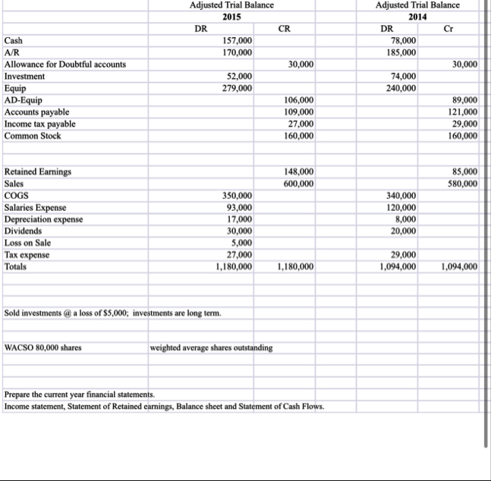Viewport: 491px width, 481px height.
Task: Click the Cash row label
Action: (14, 40)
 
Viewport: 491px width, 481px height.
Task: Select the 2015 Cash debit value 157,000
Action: (237, 40)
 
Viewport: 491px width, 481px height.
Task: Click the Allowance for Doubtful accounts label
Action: (65, 64)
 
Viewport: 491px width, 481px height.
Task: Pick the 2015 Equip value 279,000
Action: (237, 89)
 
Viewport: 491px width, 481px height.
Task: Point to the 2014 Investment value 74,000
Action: (403, 77)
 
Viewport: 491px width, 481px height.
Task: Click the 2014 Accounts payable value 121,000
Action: (462, 112)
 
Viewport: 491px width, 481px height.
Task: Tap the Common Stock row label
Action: (33, 136)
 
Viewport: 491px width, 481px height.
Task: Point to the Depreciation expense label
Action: (44, 219)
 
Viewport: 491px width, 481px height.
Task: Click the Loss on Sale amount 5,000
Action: (242, 243)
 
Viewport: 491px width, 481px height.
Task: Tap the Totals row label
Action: (16, 267)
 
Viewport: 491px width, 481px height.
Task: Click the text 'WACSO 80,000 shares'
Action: (44, 348)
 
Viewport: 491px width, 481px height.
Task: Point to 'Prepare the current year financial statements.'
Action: (79, 395)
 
